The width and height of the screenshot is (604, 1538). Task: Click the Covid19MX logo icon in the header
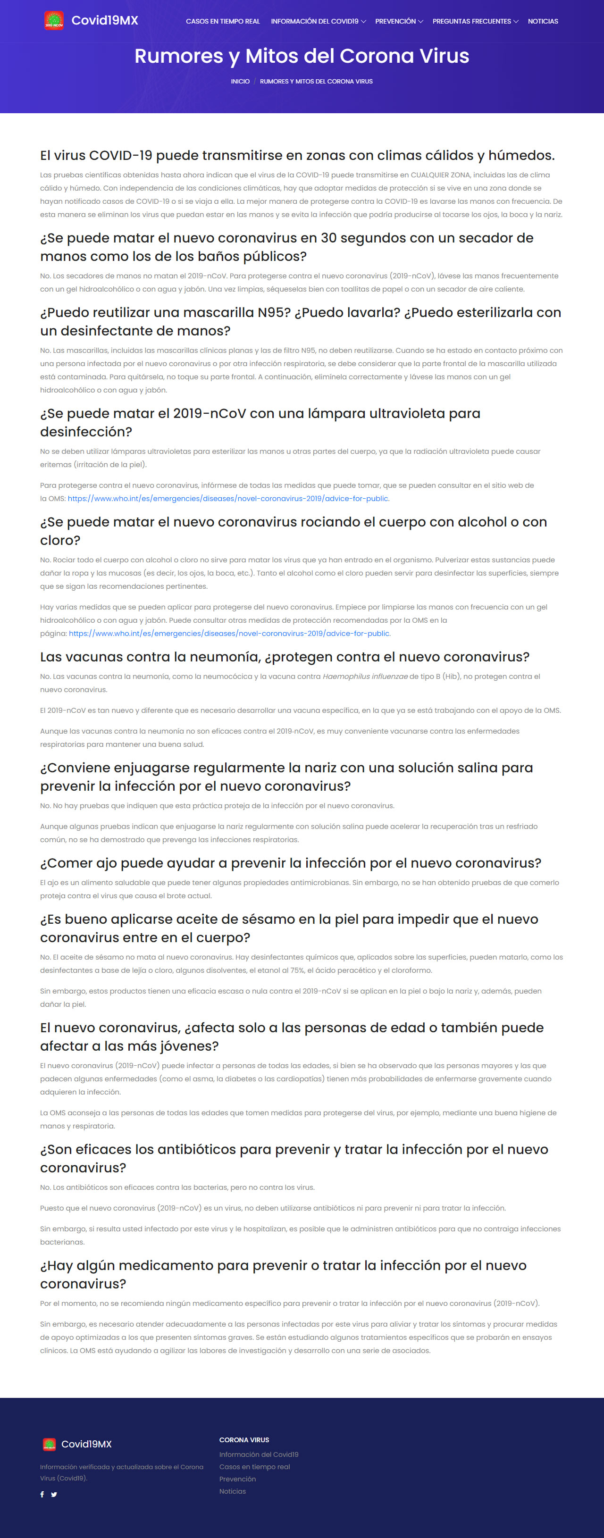(54, 20)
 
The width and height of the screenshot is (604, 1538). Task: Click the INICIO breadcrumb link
(240, 81)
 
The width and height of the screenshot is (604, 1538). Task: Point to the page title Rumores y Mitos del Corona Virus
(302, 56)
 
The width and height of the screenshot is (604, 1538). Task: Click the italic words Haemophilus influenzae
(365, 677)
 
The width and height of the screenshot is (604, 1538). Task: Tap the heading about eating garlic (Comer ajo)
(290, 863)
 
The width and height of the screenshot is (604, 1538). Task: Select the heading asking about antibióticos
(294, 1158)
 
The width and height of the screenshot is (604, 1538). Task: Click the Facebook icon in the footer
(42, 1495)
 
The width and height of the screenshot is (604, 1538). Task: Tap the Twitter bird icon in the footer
(54, 1495)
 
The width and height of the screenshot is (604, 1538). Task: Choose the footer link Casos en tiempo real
(254, 1466)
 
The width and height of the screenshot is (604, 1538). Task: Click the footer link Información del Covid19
(259, 1454)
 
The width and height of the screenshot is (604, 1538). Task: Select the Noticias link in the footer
(233, 1491)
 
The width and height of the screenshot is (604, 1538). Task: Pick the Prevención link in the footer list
(237, 1479)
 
